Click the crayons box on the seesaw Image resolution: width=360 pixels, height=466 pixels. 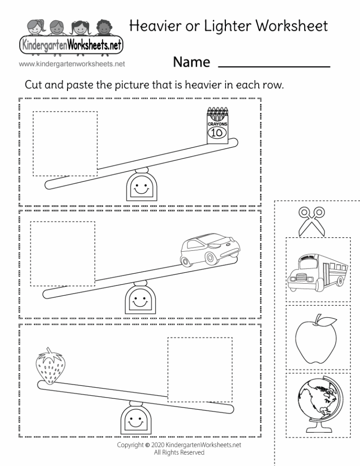click(x=217, y=125)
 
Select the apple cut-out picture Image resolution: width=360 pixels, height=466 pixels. click(x=314, y=339)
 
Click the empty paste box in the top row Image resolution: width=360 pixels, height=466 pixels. click(x=65, y=144)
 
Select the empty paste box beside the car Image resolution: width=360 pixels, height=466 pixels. click(x=62, y=254)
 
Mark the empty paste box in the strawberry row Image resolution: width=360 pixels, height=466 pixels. click(x=200, y=369)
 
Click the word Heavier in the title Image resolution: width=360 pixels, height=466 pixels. click(x=157, y=26)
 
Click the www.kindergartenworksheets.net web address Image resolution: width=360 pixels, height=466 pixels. click(x=72, y=63)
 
